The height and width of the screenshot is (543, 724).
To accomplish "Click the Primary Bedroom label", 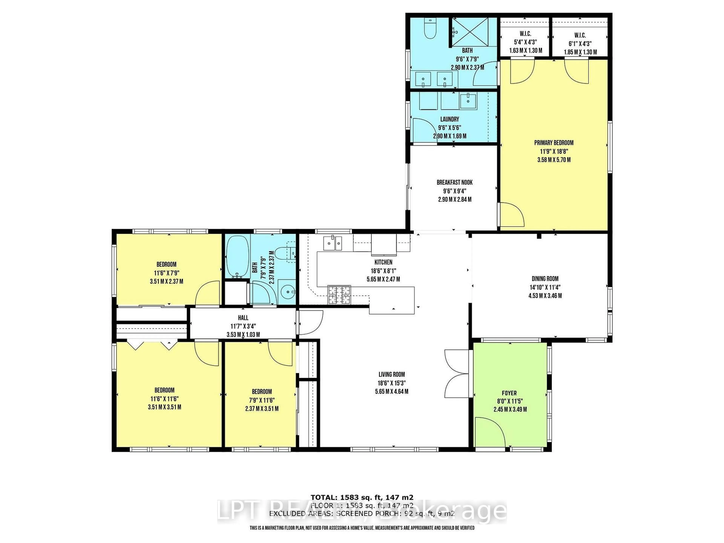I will pos(554,143).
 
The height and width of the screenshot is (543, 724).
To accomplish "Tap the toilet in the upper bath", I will pos(430,29).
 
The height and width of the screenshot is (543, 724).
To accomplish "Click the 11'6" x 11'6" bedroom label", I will pos(164,399).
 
